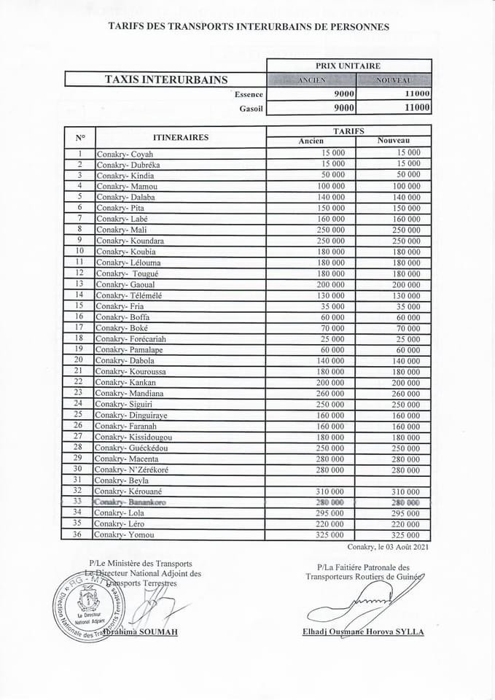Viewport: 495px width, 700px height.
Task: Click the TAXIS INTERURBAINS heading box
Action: (x=165, y=79)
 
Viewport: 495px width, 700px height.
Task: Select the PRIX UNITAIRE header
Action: (x=348, y=66)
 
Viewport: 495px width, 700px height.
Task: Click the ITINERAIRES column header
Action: (x=181, y=137)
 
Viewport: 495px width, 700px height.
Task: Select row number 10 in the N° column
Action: (x=79, y=252)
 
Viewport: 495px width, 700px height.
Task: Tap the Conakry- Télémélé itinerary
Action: (x=128, y=295)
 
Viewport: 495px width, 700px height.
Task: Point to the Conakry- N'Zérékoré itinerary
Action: (x=131, y=470)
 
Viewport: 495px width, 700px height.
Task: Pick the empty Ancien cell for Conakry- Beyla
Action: (x=311, y=481)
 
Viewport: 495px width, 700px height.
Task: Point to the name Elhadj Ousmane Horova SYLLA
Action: (x=362, y=632)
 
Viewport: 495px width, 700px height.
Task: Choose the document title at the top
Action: (x=249, y=26)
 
